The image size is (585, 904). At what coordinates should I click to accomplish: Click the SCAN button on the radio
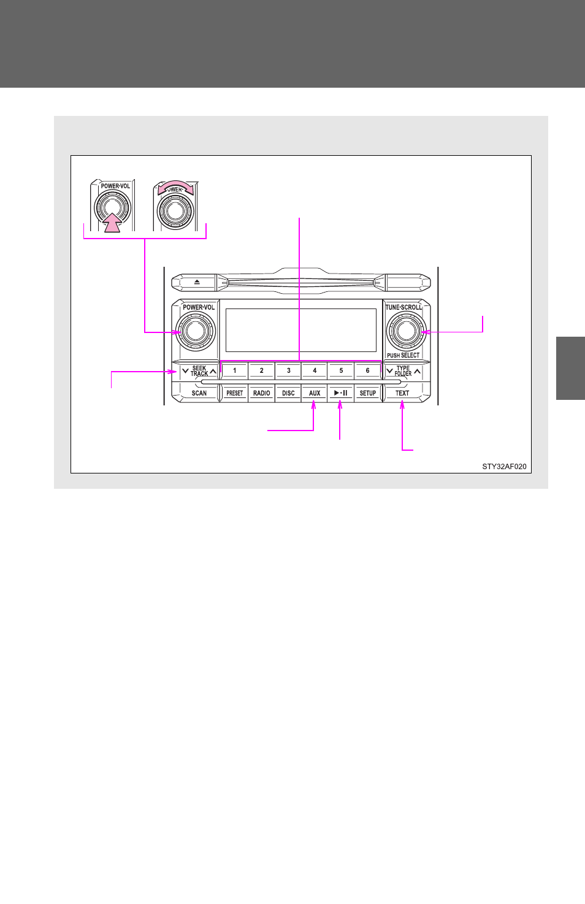point(199,393)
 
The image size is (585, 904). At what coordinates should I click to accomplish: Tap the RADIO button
point(261,393)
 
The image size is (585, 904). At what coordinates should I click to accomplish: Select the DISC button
point(288,393)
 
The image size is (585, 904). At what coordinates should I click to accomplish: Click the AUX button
point(315,393)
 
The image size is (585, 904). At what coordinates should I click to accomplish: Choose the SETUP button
point(367,393)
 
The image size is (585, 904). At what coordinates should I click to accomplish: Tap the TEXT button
point(402,393)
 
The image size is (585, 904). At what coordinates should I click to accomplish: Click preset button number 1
point(234,370)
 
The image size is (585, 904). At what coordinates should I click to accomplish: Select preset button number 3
point(288,370)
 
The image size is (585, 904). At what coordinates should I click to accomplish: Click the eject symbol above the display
point(197,282)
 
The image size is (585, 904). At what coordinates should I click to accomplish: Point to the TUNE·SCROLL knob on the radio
point(406,331)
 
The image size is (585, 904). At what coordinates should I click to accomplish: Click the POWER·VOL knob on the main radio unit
point(196,331)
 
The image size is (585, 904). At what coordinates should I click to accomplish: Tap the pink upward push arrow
point(113,223)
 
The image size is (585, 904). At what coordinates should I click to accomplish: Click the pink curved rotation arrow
point(175,186)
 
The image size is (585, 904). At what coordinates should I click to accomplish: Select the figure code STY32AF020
point(504,467)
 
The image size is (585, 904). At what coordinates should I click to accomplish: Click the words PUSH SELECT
point(403,355)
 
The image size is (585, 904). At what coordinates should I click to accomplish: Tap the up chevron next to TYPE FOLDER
point(417,371)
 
